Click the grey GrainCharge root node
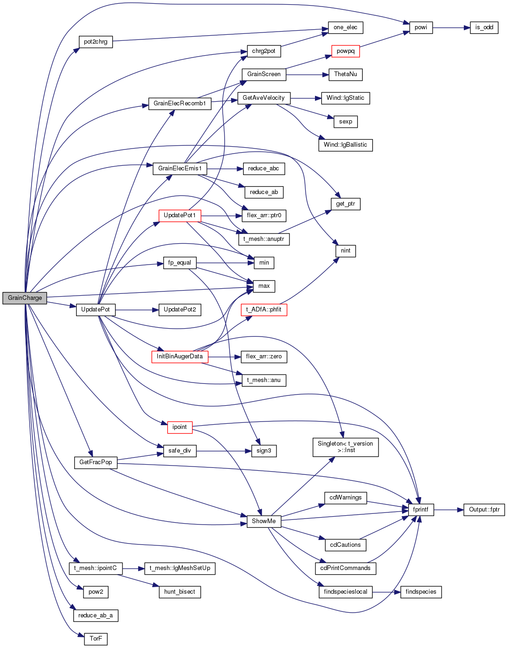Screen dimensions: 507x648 coord(25,298)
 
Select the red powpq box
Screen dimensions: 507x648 coord(346,51)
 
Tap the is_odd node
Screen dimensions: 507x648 coord(484,28)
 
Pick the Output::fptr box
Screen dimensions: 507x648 coord(484,510)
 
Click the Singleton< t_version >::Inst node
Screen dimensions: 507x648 coord(346,447)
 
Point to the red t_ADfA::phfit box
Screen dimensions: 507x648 coord(263,310)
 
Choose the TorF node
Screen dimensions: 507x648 coord(96,639)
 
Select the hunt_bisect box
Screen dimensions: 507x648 coord(180,592)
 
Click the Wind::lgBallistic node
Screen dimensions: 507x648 coord(346,145)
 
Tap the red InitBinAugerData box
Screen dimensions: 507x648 coord(180,356)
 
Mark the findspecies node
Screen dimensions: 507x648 coord(421,592)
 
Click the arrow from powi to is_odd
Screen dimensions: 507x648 coord(451,28)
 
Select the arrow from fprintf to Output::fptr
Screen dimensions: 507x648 coord(449,510)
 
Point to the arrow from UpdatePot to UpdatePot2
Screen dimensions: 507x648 coord(137,310)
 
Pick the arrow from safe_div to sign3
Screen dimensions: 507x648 coord(224,451)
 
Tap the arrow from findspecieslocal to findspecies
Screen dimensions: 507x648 coord(386,592)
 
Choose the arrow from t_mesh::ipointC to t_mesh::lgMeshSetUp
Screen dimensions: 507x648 coord(134,568)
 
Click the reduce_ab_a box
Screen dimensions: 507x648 coord(96,616)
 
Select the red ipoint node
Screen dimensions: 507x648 coord(180,428)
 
